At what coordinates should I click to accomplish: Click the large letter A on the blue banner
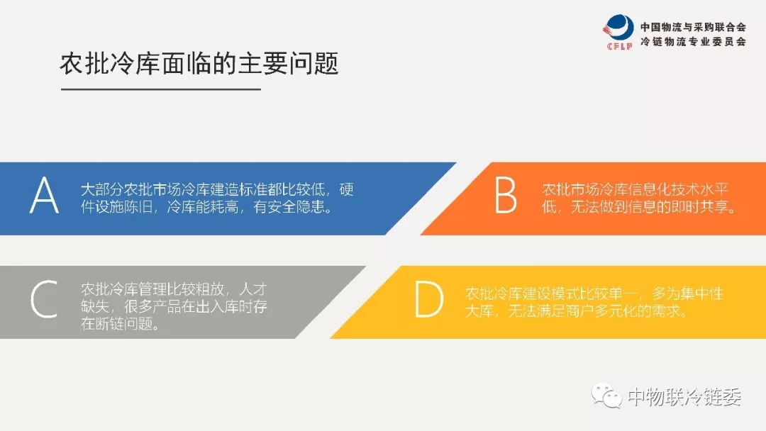point(45,195)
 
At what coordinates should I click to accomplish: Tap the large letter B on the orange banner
point(506,195)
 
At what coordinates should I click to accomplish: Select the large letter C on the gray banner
point(44,299)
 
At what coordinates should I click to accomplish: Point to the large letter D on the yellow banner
point(429,299)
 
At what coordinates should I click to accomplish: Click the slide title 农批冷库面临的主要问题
point(199,64)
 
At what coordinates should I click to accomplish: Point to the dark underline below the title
point(161,89)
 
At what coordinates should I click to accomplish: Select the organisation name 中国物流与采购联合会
point(693,28)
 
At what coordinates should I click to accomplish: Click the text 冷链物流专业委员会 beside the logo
point(693,42)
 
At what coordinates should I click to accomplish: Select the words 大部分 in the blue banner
point(102,189)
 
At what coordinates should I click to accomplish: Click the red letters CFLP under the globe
point(619,46)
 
